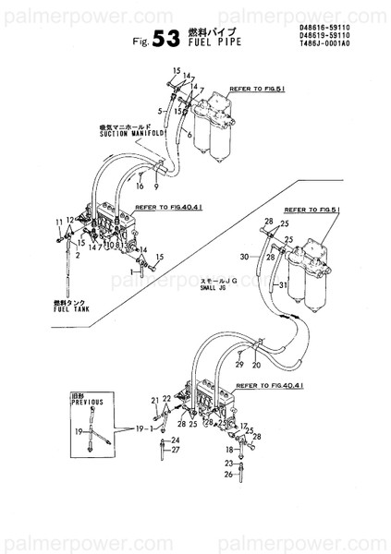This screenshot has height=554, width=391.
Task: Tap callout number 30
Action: [x=244, y=256]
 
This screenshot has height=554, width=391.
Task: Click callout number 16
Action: [x=141, y=186]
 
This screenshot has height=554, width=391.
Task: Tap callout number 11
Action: [x=58, y=222]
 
